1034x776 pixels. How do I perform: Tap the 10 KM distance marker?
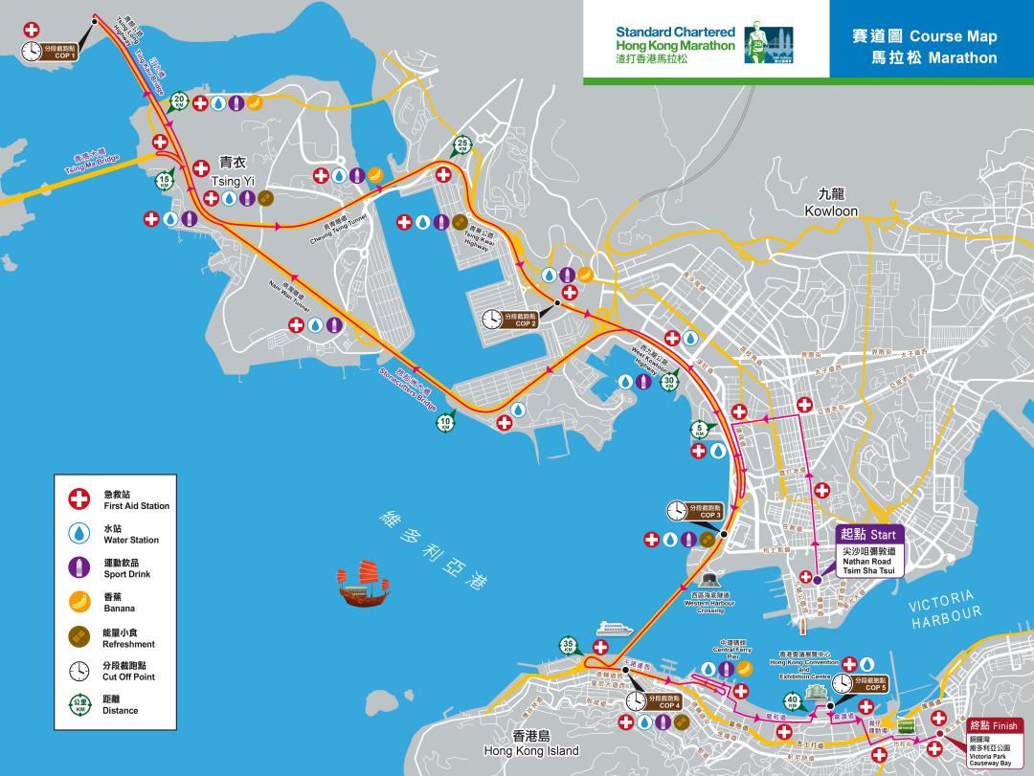click(x=446, y=422)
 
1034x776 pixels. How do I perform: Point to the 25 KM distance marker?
click(x=462, y=145)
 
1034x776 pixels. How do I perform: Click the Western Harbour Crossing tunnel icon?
click(x=709, y=580)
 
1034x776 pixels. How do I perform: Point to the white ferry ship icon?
click(x=615, y=629)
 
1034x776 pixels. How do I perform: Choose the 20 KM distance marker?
click(x=179, y=100)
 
